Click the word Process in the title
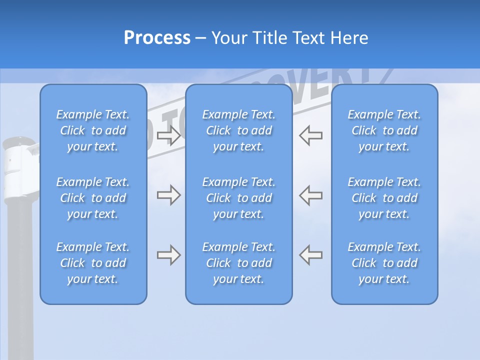point(157,38)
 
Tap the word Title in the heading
point(268,38)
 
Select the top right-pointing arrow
point(169,135)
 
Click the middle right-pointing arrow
point(169,195)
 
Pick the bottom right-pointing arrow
point(169,255)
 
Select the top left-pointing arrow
point(310,135)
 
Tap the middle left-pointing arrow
point(310,195)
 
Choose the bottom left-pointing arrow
point(310,255)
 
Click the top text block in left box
point(93,130)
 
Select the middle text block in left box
point(93,198)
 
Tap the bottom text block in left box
point(93,263)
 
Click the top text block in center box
point(238,130)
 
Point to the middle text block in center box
point(238,198)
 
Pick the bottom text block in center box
point(238,263)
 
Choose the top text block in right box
point(384,130)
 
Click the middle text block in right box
point(384,198)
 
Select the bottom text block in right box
point(384,263)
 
